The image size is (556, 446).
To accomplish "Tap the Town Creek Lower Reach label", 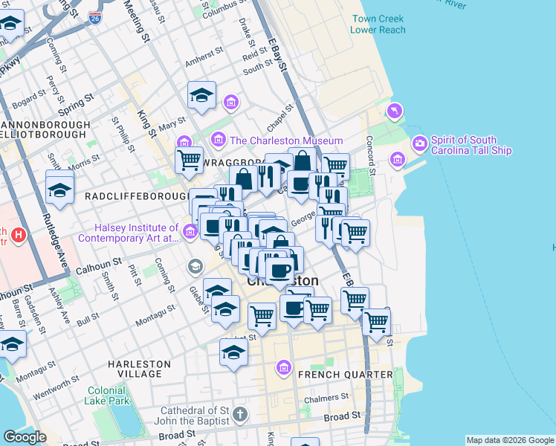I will pyautogui.click(x=379, y=24).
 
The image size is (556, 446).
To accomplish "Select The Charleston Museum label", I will pyautogui.click(x=286, y=140).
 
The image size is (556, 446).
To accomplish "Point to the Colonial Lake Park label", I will pyautogui.click(x=107, y=395).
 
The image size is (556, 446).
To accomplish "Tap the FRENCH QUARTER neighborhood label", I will pyautogui.click(x=345, y=374).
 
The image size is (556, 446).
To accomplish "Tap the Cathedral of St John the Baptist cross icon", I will pyautogui.click(x=239, y=413).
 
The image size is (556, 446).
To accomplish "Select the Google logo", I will pyautogui.click(x=25, y=437).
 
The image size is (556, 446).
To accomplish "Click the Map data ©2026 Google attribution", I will pyautogui.click(x=510, y=440).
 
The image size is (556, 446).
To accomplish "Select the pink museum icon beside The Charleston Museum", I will pyautogui.click(x=219, y=139).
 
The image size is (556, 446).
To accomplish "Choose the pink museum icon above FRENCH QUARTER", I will pyautogui.click(x=282, y=367).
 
